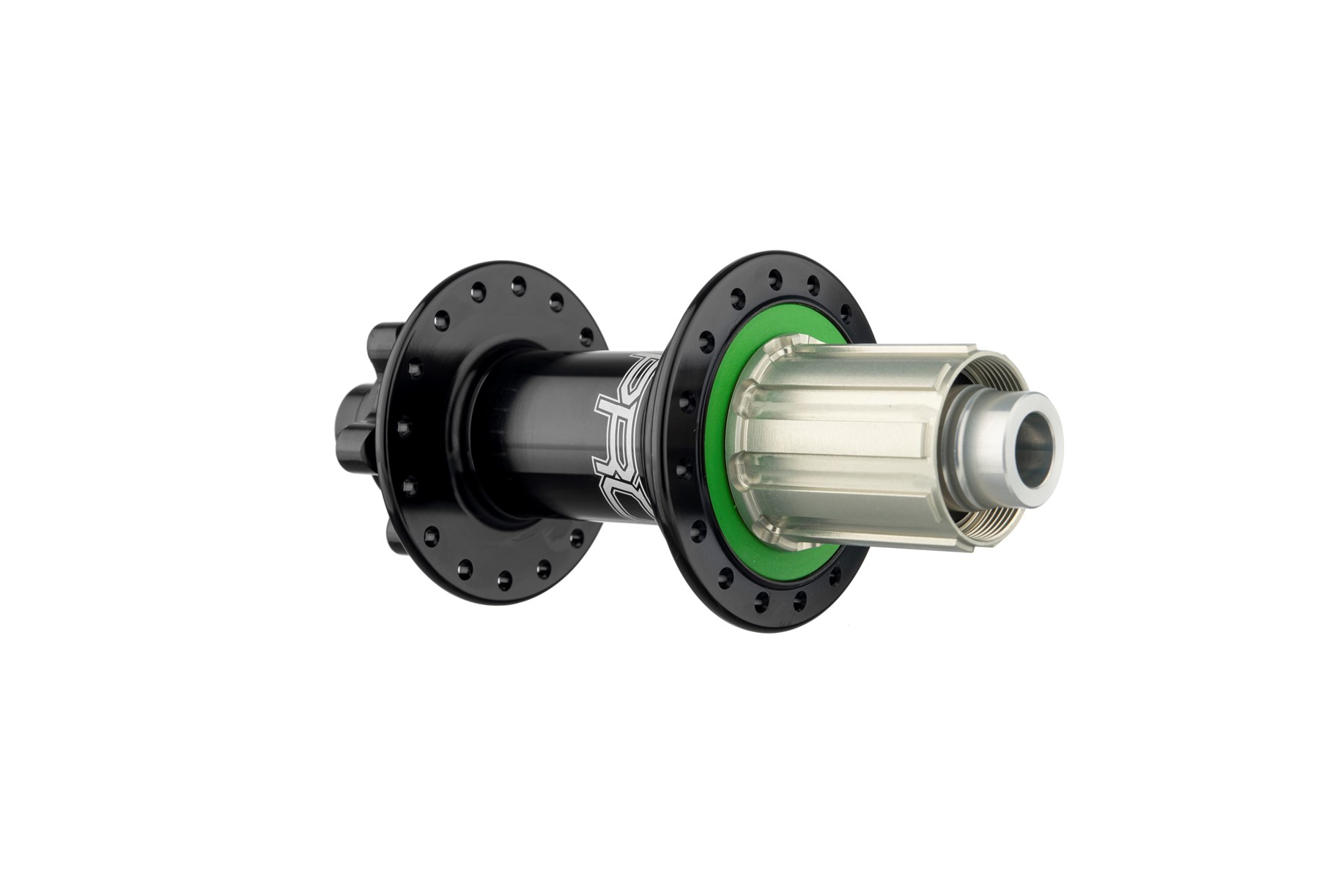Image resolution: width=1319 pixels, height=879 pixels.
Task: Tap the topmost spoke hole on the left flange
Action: [519, 281]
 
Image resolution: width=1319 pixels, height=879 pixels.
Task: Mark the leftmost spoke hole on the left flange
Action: [402, 424]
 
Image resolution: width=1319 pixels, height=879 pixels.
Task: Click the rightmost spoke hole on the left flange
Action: [586, 337]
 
